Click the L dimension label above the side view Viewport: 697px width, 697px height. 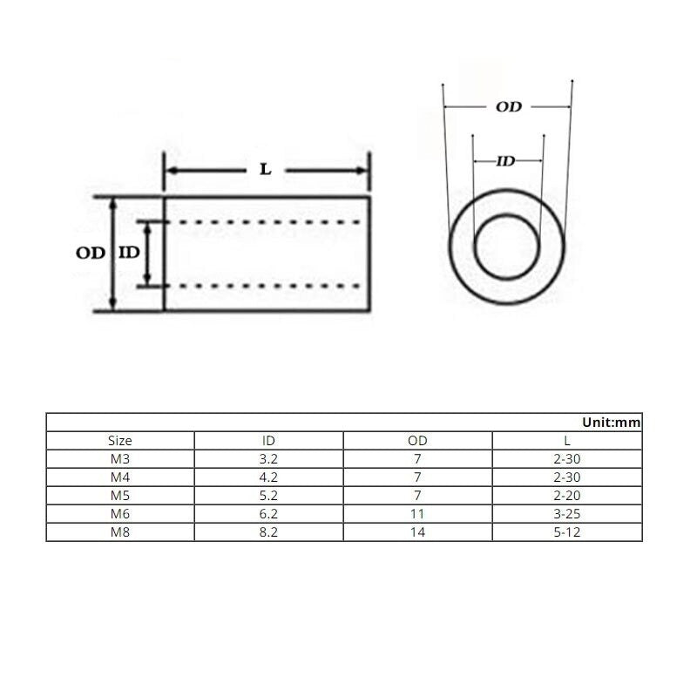[266, 170]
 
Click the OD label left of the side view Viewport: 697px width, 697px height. [90, 254]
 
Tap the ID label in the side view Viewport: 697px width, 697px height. [128, 254]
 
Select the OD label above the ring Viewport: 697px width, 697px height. [508, 107]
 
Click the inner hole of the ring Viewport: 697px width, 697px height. [508, 247]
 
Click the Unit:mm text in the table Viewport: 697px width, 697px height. [612, 422]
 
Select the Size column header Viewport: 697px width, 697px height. [120, 441]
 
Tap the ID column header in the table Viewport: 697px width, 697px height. [268, 441]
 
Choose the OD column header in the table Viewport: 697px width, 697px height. [417, 441]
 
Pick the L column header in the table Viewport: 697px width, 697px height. [567, 441]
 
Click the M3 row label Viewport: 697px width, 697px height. [120, 459]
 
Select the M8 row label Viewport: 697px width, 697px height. [120, 531]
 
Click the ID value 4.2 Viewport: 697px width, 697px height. [268, 477]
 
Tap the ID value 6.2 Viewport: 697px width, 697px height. [268, 513]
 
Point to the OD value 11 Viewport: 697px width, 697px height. [417, 513]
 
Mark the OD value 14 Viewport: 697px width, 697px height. [417, 531]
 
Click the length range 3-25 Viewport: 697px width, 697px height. [567, 513]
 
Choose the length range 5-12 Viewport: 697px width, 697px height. [567, 531]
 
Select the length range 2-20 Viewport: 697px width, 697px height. [567, 495]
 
